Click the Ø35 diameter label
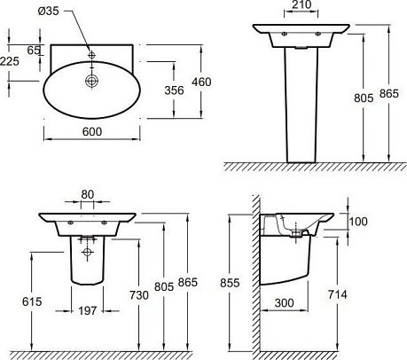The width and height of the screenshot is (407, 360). pyautogui.click(x=49, y=11)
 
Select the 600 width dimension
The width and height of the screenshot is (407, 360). pyautogui.click(x=92, y=131)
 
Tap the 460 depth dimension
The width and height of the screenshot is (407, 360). pyautogui.click(x=201, y=82)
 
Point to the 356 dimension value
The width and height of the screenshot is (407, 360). pyautogui.click(x=174, y=90)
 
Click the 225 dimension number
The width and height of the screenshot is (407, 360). pyautogui.click(x=10, y=61)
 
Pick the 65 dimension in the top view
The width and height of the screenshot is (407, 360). pyautogui.click(x=34, y=51)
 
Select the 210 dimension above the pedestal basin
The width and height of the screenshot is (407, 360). pyautogui.click(x=301, y=4)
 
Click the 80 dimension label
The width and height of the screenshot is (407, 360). pyautogui.click(x=87, y=194)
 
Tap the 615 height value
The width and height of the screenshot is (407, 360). pyautogui.click(x=32, y=301)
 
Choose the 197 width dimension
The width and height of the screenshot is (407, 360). pyautogui.click(x=88, y=310)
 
